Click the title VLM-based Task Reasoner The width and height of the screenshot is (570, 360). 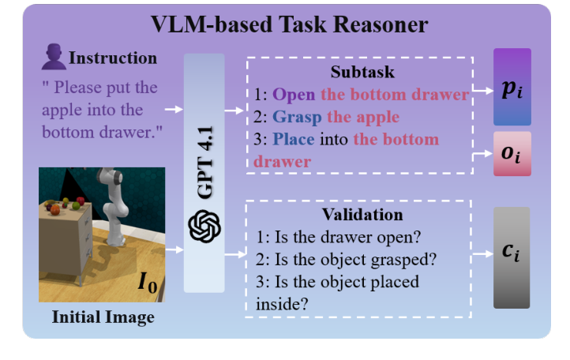click(290, 24)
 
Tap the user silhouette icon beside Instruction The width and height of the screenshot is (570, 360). click(53, 57)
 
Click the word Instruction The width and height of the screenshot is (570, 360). click(113, 58)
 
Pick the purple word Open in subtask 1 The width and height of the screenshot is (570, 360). click(294, 95)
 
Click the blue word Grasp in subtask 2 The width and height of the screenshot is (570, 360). click(297, 117)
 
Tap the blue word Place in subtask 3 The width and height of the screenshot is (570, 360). click(291, 140)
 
